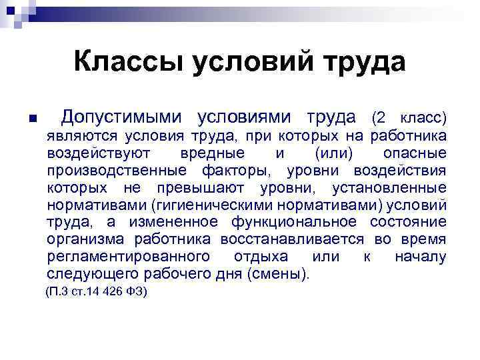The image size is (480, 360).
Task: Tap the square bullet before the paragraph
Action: point(31,119)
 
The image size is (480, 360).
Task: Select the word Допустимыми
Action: point(121,117)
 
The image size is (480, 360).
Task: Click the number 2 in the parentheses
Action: point(381,118)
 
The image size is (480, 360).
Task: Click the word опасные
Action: point(415,153)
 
